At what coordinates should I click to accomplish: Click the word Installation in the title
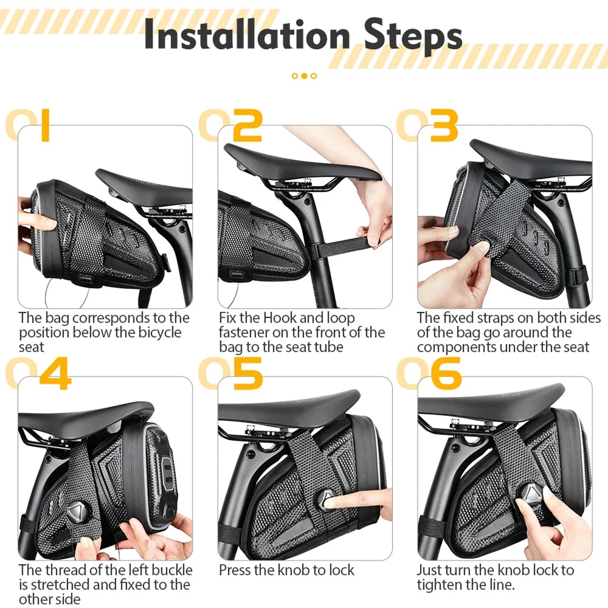click(247, 34)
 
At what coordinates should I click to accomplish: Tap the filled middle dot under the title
click(304, 76)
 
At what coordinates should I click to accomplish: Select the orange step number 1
click(45, 125)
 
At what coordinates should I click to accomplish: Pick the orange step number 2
click(247, 125)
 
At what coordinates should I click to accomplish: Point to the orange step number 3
click(444, 125)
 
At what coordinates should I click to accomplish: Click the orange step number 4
click(55, 373)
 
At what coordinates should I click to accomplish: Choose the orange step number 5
click(248, 373)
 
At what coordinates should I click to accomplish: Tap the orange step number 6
click(446, 373)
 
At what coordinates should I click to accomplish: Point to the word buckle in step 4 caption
click(172, 570)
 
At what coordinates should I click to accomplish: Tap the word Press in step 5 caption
click(234, 570)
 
